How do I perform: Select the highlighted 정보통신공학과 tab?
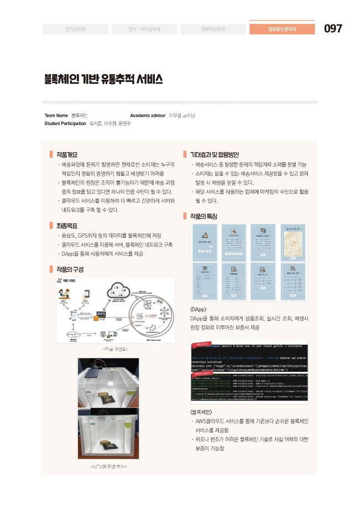pos(282,29)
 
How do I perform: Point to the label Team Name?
pos(56,115)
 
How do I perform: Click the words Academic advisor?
pos(148,115)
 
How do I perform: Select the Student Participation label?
pos(65,123)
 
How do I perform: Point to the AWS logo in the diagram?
pos(101,314)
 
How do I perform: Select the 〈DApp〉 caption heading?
pos(199,308)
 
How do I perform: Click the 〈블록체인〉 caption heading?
pos(202,412)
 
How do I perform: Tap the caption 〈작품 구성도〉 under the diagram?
pos(116,350)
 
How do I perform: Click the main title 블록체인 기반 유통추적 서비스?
pos(103,79)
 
